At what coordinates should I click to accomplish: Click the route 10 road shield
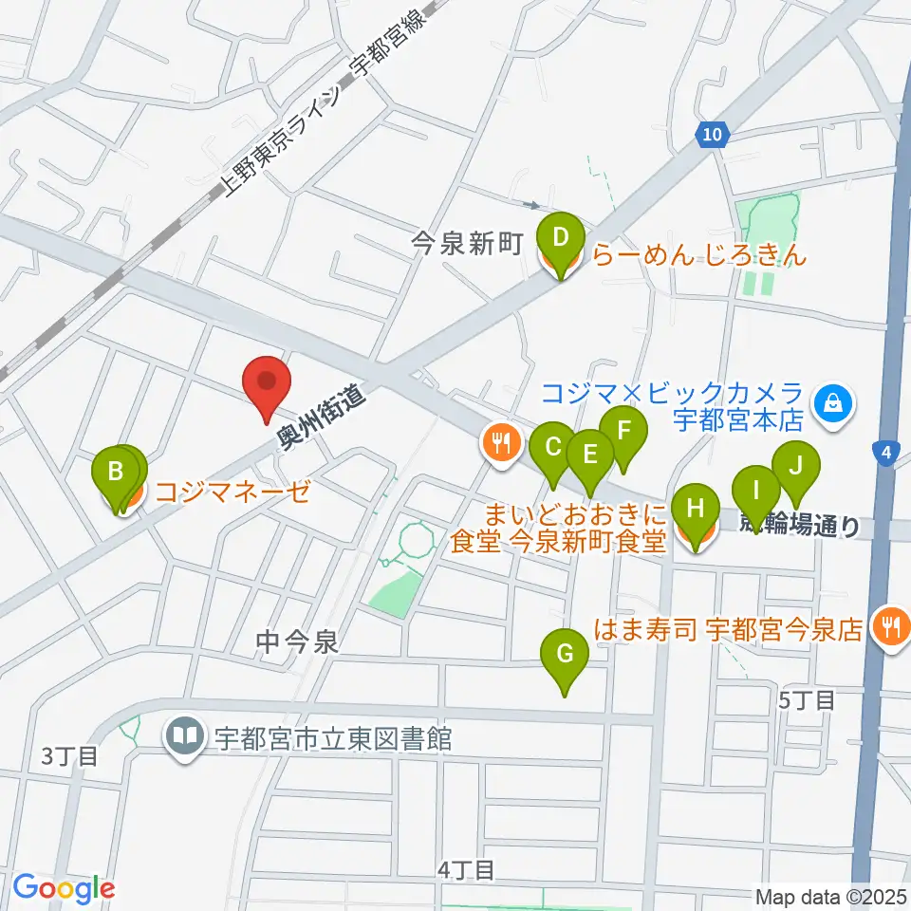(713, 135)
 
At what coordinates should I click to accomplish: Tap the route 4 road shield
(884, 454)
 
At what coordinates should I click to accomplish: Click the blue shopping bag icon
(832, 403)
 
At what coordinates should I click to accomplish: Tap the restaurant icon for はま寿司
(890, 625)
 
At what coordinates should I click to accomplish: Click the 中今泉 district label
(297, 643)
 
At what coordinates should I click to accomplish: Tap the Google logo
(64, 888)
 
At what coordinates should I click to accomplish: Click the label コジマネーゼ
(232, 492)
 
